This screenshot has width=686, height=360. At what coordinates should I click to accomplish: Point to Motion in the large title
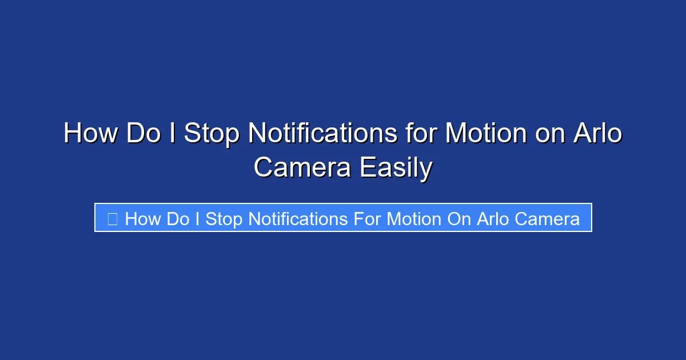[x=486, y=134]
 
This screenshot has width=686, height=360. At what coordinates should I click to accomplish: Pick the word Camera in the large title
[x=302, y=168]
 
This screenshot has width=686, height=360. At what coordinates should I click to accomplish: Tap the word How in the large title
[x=91, y=134]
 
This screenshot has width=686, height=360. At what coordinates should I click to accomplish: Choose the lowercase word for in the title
[x=421, y=134]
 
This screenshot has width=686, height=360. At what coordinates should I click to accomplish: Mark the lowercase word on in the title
[x=546, y=134]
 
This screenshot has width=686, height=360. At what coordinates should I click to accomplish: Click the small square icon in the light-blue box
[x=113, y=218]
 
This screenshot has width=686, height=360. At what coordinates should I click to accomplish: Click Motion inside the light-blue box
[x=414, y=219]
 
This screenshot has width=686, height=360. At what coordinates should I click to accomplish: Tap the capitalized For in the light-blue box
[x=366, y=219]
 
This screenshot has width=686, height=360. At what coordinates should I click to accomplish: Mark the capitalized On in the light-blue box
[x=457, y=219]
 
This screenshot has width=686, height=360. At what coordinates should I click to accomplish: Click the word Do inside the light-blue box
[x=177, y=219]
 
